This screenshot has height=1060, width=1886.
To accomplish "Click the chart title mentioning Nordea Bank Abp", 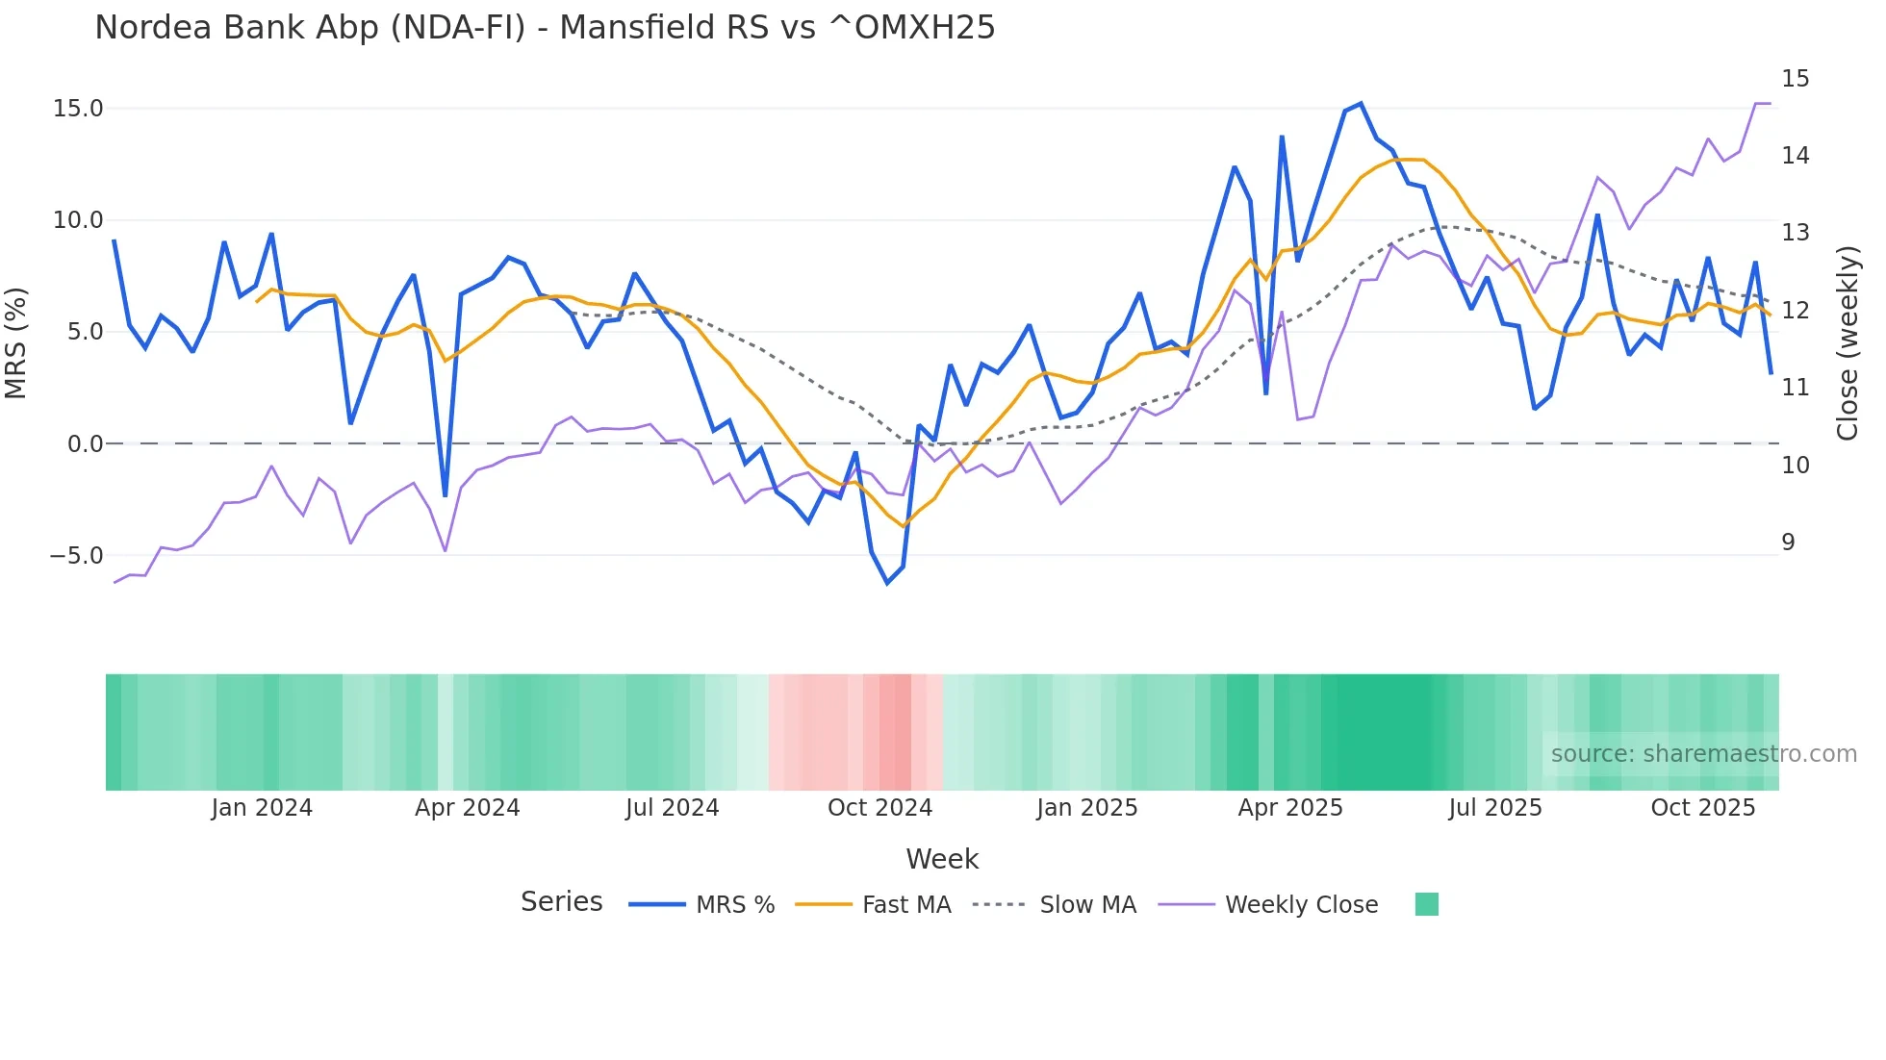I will (x=545, y=27).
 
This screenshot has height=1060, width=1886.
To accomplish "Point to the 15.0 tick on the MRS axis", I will (x=78, y=109).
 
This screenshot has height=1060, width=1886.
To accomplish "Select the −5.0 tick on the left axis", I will (x=76, y=556).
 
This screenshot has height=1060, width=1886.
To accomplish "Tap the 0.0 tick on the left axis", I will (x=85, y=444).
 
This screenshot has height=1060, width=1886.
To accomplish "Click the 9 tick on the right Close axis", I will (x=1788, y=543).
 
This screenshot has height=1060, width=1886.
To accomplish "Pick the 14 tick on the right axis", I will (x=1795, y=156).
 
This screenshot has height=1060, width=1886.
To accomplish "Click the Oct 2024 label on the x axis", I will (x=879, y=808).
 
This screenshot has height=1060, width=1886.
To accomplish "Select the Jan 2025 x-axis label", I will (x=1086, y=808).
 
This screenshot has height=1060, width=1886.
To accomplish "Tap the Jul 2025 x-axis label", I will (x=1494, y=808).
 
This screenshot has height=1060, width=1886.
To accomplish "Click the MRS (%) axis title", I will (x=16, y=342).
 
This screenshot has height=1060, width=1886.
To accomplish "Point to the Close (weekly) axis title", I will (x=1847, y=343).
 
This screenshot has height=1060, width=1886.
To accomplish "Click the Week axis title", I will (x=942, y=859).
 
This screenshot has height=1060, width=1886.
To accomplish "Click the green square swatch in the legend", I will (x=1427, y=904).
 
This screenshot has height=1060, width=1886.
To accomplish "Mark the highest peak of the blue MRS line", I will (x=1360, y=104).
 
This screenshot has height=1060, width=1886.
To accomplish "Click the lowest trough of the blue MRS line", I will (x=887, y=583).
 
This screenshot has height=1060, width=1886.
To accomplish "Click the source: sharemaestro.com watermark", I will (x=1703, y=754).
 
